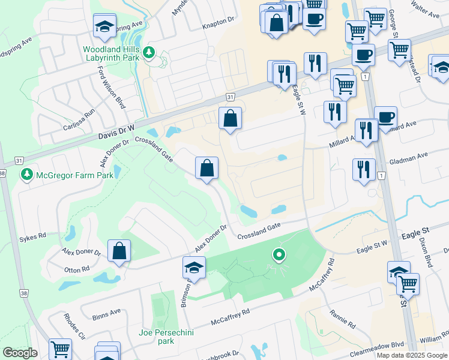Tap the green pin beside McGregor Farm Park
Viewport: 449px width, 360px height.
point(26,175)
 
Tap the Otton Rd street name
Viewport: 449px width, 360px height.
point(77,271)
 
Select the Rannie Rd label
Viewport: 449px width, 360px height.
point(343,319)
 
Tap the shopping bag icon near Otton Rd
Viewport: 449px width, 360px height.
point(119,251)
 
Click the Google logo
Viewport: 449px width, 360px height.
point(20,353)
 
